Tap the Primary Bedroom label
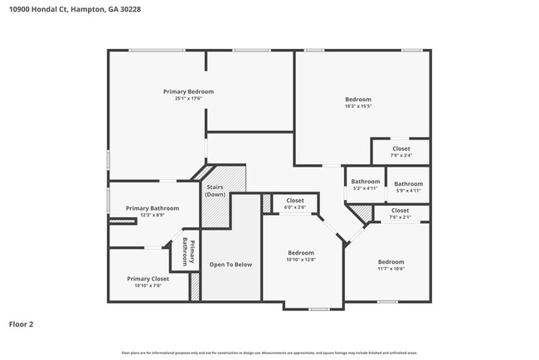188,91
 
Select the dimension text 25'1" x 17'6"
188,99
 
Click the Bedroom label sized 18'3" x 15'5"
357,100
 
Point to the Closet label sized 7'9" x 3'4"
401,149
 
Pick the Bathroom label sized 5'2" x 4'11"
365,182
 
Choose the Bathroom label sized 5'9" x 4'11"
408,184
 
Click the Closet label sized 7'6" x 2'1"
400,211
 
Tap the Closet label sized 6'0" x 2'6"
294,201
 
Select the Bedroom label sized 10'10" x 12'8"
300,253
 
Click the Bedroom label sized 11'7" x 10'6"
390,261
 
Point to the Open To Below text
230,265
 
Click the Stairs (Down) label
215,191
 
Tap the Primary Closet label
148,279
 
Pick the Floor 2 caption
22,324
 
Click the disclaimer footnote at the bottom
269,353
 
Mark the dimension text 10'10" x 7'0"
148,286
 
